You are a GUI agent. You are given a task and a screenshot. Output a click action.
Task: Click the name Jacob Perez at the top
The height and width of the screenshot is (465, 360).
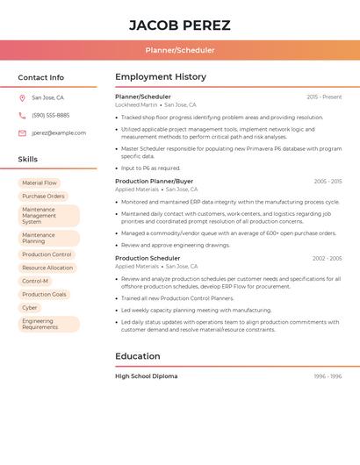(x=180, y=25)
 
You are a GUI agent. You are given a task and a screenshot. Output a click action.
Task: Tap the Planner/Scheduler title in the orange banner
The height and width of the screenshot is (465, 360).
(x=180, y=50)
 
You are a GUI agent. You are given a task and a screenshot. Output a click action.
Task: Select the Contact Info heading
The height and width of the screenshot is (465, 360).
(x=40, y=77)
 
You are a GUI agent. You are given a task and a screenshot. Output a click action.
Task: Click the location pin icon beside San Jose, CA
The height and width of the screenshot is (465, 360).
(x=22, y=98)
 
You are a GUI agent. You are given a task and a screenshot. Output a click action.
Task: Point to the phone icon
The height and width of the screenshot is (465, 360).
(x=22, y=116)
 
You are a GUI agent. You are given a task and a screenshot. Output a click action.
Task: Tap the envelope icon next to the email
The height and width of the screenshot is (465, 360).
(x=22, y=133)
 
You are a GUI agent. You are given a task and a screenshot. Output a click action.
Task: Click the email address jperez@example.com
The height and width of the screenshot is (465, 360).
(x=59, y=133)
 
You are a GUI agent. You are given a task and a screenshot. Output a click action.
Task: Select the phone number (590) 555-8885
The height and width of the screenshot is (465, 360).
(x=50, y=116)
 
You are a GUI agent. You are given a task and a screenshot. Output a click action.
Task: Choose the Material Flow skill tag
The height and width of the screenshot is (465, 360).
(x=40, y=183)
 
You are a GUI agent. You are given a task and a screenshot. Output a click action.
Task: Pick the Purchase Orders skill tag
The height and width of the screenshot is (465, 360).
(x=43, y=197)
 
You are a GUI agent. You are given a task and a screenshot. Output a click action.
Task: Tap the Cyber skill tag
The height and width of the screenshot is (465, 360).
(x=30, y=308)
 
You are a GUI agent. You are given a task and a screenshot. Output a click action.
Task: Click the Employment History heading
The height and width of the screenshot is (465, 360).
(x=161, y=77)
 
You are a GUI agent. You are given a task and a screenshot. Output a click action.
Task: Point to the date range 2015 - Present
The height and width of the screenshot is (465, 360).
(x=324, y=97)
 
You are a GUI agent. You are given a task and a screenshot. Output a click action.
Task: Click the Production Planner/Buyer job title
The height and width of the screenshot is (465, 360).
(x=155, y=181)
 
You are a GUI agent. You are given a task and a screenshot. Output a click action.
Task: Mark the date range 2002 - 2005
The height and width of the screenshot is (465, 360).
(x=327, y=259)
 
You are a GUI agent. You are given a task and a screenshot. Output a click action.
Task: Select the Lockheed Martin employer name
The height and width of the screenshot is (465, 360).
(x=136, y=104)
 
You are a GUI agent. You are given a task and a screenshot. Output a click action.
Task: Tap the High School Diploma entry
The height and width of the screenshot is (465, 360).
(x=146, y=376)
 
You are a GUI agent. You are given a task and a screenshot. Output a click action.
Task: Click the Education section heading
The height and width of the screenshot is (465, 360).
(x=138, y=356)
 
